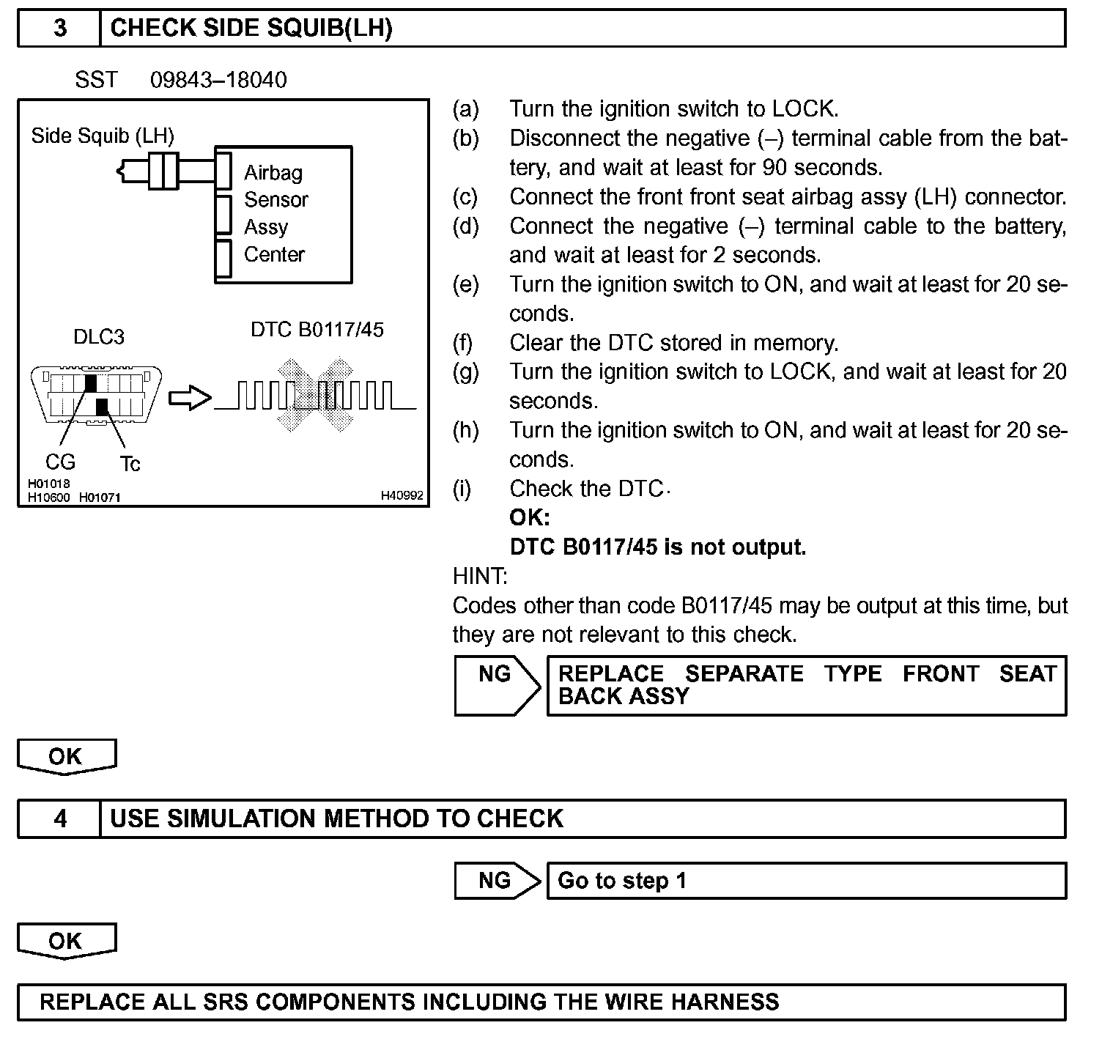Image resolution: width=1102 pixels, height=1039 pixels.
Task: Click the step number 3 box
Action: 59,29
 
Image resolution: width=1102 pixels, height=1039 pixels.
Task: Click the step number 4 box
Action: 59,818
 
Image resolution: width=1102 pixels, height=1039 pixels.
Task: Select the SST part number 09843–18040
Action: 218,80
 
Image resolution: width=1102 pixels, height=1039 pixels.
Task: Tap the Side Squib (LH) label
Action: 103,136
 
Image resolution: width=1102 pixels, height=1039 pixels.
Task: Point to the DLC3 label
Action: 99,337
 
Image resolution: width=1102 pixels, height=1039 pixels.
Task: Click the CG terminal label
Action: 60,462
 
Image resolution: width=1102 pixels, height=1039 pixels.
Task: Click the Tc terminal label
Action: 130,464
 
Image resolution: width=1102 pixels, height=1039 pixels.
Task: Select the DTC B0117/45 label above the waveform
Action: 317,330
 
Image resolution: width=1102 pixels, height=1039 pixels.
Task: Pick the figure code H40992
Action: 402,496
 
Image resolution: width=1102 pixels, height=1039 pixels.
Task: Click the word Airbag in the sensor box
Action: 273,173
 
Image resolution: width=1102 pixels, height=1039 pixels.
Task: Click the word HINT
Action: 480,577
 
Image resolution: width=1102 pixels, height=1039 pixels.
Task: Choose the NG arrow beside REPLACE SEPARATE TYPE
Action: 496,685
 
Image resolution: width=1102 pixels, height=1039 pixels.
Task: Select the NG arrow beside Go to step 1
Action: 496,880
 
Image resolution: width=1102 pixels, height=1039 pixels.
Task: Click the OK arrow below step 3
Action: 66,757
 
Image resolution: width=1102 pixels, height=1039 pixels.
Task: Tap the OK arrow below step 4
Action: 66,942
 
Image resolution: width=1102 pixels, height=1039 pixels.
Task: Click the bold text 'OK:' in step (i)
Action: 529,518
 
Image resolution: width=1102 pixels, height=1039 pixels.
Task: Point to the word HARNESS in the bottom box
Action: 725,1002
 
